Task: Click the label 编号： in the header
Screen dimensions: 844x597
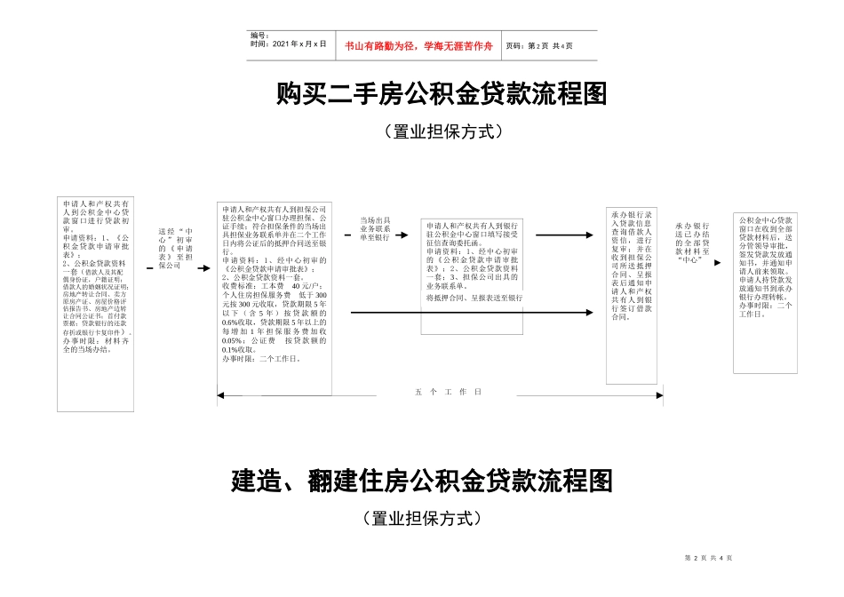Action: click(259, 36)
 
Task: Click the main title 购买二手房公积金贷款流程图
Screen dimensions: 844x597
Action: click(441, 93)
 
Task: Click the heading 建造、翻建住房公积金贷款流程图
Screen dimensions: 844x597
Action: click(422, 482)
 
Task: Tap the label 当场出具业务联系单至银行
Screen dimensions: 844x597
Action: click(374, 228)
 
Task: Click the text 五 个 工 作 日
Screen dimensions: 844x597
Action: click(448, 391)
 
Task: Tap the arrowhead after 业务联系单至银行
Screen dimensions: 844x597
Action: click(411, 235)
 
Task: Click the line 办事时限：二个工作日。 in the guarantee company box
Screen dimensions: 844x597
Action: click(261, 359)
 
